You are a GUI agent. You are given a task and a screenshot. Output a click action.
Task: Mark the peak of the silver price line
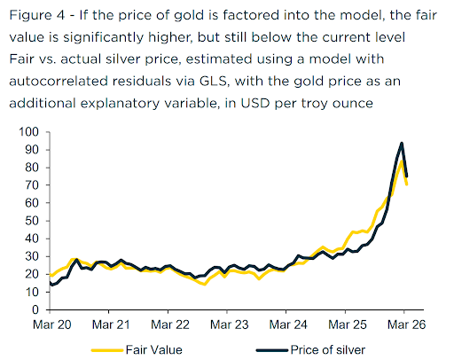coord(402,143)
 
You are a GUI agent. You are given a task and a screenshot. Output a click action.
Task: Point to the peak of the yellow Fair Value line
coord(402,160)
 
